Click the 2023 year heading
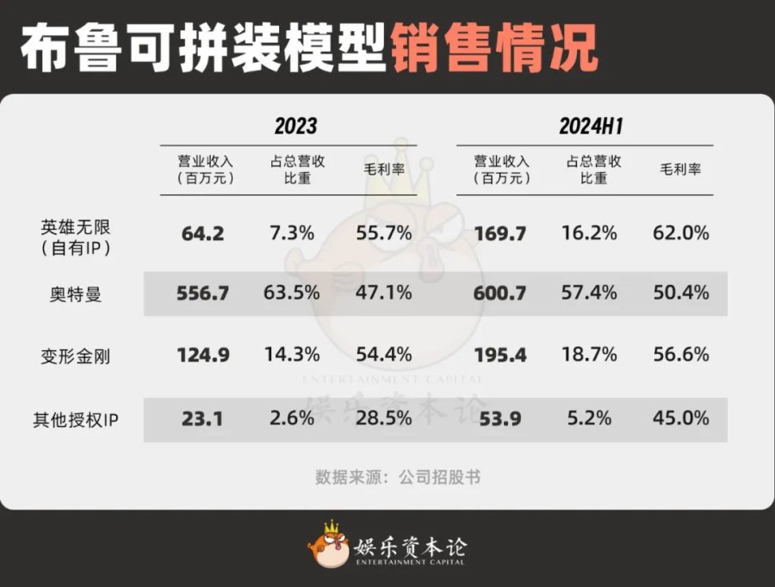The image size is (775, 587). (296, 127)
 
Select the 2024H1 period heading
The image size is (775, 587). (591, 127)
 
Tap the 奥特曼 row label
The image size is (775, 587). (76, 294)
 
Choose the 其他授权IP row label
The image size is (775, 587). (76, 419)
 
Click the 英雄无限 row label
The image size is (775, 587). (76, 235)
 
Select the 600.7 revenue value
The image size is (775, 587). (499, 293)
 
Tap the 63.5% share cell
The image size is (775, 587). (292, 293)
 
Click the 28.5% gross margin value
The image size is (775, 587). (383, 419)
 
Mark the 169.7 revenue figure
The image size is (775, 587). (499, 233)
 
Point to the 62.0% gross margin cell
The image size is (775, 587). (680, 232)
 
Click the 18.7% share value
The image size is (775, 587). (591, 355)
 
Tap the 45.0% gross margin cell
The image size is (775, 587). (680, 419)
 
